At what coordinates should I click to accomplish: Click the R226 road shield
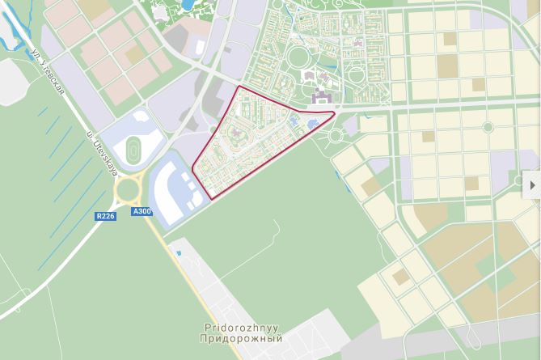tap(106, 216)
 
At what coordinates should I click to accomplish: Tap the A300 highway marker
tap(141, 212)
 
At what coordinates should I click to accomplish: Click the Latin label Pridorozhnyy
tap(242, 328)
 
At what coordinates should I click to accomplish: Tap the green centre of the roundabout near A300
tap(128, 191)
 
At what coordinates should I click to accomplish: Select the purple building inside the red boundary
tap(240, 135)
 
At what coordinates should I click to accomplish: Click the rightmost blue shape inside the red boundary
tap(311, 123)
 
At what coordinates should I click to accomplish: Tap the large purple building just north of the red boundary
tap(321, 99)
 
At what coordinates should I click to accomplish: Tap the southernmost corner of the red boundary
tap(210, 198)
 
